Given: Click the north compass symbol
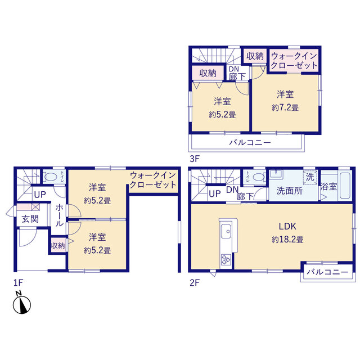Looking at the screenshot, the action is [22, 303].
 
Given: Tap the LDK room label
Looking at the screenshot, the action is [287, 226].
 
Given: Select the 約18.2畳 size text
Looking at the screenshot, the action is [287, 240].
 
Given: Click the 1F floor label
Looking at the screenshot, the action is [19, 283].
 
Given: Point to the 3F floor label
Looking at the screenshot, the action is [195, 159].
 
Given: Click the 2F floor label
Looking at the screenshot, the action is [195, 282].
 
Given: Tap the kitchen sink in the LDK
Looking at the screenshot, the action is [226, 231].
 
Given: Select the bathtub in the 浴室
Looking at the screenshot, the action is [344, 186].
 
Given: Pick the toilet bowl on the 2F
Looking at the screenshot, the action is [259, 177].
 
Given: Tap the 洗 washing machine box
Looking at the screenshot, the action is [310, 177].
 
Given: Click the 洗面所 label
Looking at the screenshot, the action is [290, 191].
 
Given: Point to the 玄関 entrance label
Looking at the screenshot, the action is [30, 219].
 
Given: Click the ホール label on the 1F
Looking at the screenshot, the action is [59, 215].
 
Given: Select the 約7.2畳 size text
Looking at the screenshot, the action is [285, 107].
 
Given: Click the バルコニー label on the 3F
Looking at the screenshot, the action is [250, 142].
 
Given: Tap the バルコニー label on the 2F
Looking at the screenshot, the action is [327, 272].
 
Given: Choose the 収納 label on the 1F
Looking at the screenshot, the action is [58, 246].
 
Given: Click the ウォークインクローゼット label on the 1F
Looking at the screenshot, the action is [153, 180].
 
